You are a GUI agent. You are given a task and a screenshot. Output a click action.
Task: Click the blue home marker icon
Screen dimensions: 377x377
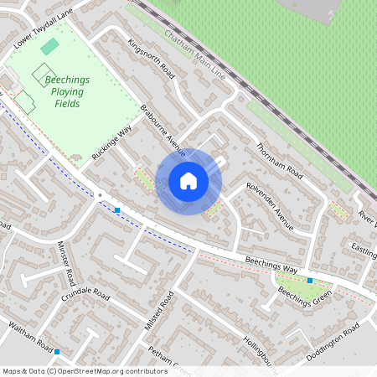188,181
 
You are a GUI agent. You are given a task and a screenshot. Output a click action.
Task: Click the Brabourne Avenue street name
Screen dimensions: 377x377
162,130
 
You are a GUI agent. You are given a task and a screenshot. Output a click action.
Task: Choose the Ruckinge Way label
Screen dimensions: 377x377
111,142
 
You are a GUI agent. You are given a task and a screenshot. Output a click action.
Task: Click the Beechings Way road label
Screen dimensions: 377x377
271,265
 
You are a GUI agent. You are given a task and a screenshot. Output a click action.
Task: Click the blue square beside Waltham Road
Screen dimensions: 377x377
57,352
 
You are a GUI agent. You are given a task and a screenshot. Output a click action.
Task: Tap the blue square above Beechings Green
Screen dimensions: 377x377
310,280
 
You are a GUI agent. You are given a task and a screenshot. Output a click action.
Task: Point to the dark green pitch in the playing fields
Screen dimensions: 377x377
50,46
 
